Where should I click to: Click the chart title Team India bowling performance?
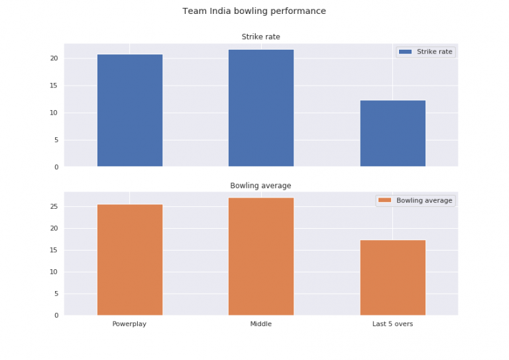(x=254, y=11)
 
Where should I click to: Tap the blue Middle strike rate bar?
(x=261, y=108)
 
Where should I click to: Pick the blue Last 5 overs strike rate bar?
(x=392, y=133)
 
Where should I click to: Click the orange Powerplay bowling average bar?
(x=130, y=260)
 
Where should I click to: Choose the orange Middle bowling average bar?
(x=261, y=257)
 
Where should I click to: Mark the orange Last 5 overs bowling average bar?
(x=392, y=278)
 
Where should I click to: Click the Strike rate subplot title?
(x=260, y=37)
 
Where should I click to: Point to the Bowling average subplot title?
(x=260, y=186)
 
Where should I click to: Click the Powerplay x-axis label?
(x=129, y=324)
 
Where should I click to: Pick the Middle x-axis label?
(x=260, y=324)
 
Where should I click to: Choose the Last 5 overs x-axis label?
(x=392, y=324)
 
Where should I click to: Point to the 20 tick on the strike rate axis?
(x=54, y=58)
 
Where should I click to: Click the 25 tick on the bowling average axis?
(x=54, y=207)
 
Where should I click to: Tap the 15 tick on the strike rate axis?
(x=54, y=86)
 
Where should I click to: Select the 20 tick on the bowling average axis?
(x=54, y=229)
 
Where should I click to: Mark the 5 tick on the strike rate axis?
(x=56, y=140)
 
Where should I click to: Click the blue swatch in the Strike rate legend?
(x=405, y=52)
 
